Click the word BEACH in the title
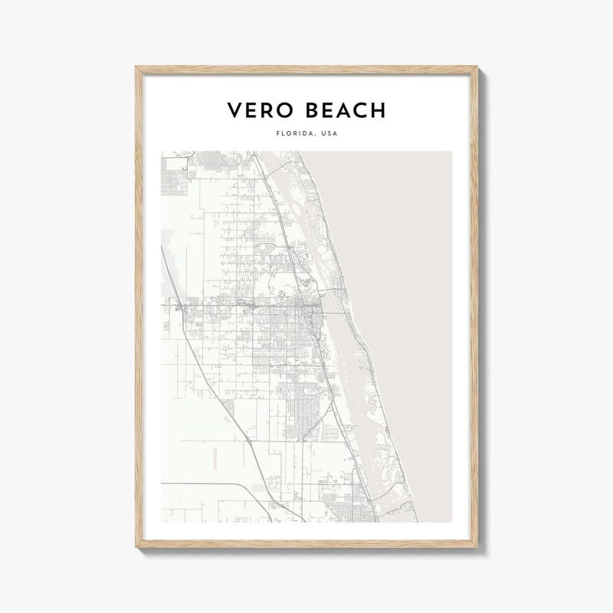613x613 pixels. (343, 110)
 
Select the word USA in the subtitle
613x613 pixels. (328, 133)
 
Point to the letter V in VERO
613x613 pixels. (234, 110)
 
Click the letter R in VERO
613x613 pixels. (267, 110)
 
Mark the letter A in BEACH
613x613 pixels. (343, 110)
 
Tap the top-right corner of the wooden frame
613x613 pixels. (487, 68)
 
